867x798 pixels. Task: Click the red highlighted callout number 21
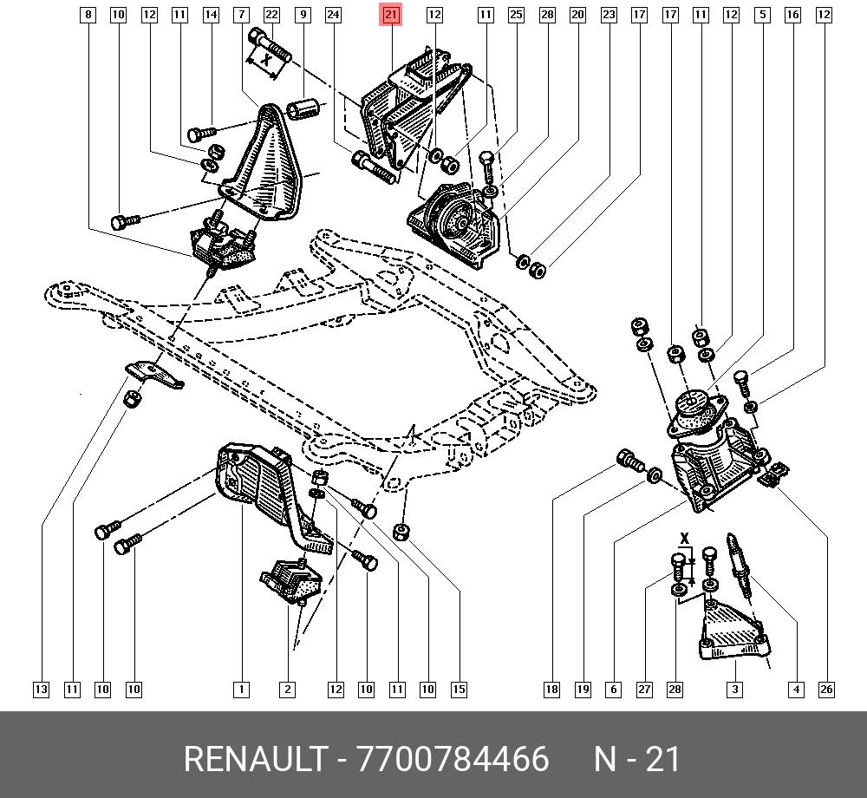click(391, 14)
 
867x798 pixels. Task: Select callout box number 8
click(88, 14)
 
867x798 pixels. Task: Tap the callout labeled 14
click(211, 14)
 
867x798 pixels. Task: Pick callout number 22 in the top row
click(271, 14)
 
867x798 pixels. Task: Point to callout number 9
click(303, 14)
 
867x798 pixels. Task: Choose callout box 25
click(516, 14)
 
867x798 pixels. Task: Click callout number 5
click(761, 14)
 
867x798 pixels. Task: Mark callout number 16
click(792, 14)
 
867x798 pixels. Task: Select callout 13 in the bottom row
click(41, 690)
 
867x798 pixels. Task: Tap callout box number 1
click(241, 690)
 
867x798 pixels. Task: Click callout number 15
click(459, 690)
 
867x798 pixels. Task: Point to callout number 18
click(551, 690)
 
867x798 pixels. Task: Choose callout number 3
click(734, 690)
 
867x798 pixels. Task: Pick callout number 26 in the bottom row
click(826, 690)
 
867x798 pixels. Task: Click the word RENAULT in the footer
click(253, 759)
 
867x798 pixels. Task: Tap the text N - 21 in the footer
click(637, 759)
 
